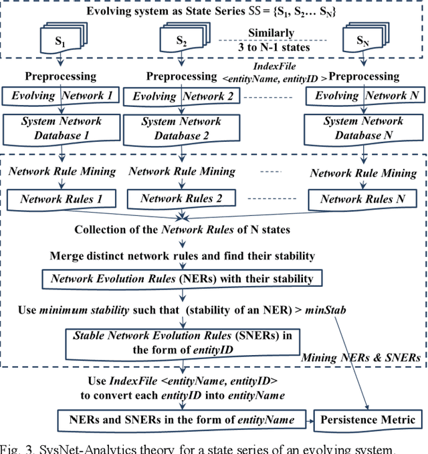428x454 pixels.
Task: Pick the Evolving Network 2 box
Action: [x=182, y=96]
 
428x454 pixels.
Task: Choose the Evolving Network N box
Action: [x=366, y=96]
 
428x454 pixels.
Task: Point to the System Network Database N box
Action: [x=363, y=128]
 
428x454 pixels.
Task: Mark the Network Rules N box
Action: [x=362, y=199]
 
